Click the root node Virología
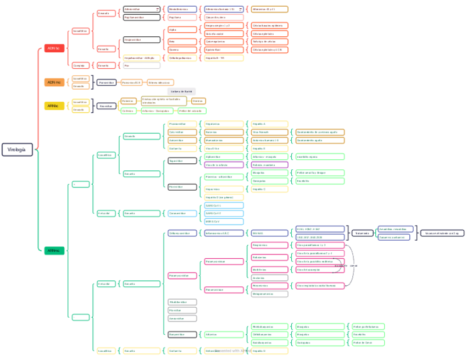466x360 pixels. [17, 149]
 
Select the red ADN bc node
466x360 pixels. [54, 48]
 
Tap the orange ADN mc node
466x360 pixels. [54, 82]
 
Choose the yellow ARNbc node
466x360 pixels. [54, 106]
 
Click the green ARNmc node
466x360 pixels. [54, 251]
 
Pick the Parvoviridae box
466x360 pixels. [107, 82]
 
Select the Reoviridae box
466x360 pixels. [107, 106]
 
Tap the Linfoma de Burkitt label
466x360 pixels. [181, 91]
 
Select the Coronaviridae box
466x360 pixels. [182, 213]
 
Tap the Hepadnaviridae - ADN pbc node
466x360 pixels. [142, 58]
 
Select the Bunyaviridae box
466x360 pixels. [182, 334]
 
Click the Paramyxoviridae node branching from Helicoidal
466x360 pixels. [182, 275]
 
